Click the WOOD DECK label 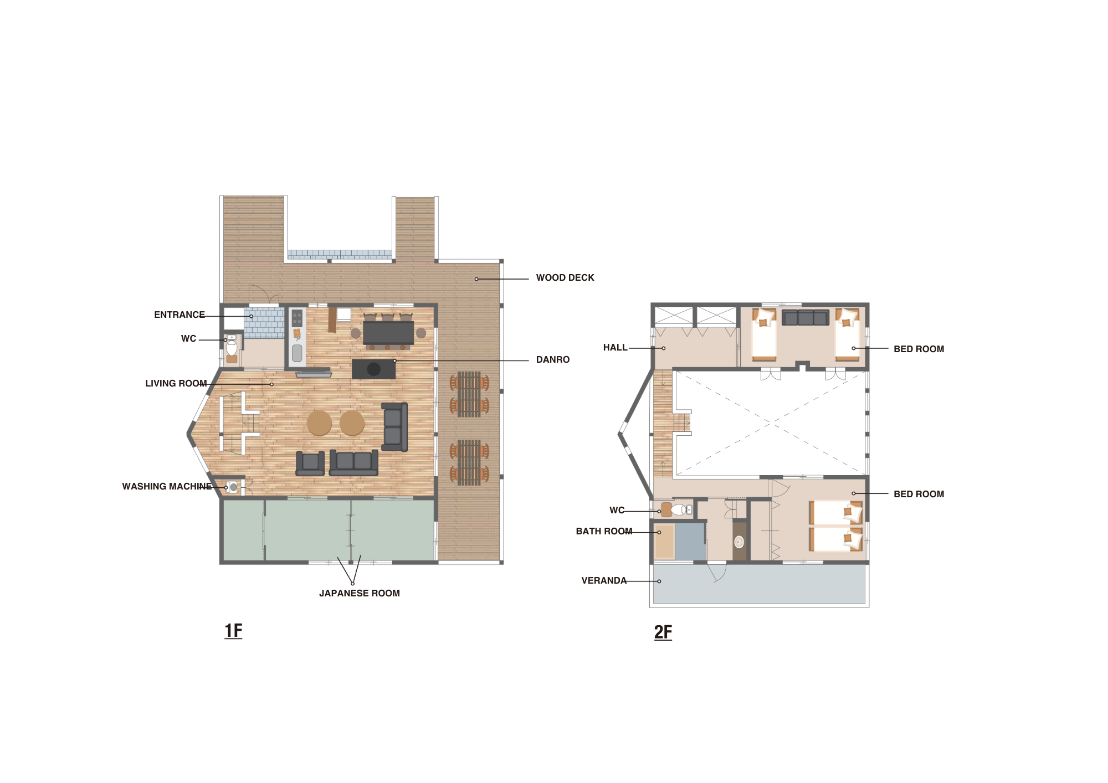(565, 277)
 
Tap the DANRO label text (553, 359)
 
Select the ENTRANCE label (179, 315)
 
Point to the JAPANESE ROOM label (360, 593)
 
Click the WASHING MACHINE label (167, 486)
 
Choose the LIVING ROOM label (176, 383)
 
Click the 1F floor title (233, 631)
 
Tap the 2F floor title (663, 632)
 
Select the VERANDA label (604, 580)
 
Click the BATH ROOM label (604, 531)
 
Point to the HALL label (615, 347)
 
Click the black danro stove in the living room (373, 369)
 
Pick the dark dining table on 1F (388, 332)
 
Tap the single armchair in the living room (310, 463)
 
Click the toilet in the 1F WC (232, 348)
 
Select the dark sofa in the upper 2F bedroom (806, 317)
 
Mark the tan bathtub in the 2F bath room (664, 542)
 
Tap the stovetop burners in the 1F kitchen (297, 318)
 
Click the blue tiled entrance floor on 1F (264, 323)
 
